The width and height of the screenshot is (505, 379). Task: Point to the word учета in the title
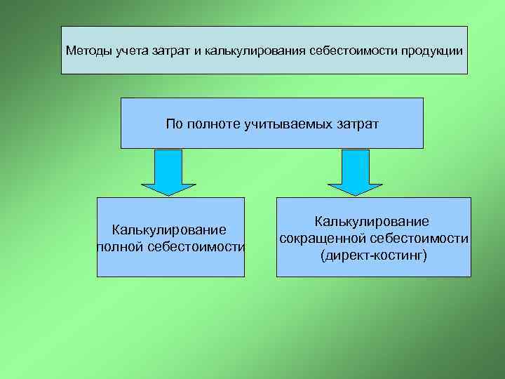[125, 51]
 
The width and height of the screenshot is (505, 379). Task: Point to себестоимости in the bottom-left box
[198, 247]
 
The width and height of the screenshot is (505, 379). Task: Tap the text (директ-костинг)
[373, 255]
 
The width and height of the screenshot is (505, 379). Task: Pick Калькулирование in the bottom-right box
[373, 222]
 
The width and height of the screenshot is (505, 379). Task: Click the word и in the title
[198, 51]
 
